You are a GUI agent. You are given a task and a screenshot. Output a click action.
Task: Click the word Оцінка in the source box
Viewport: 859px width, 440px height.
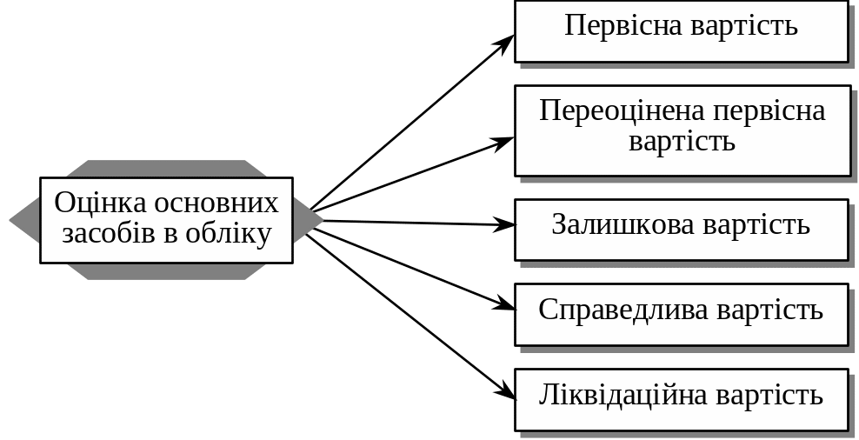[x=101, y=203]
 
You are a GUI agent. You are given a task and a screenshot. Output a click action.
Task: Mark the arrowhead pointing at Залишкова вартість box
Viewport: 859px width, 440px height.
[x=507, y=225]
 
